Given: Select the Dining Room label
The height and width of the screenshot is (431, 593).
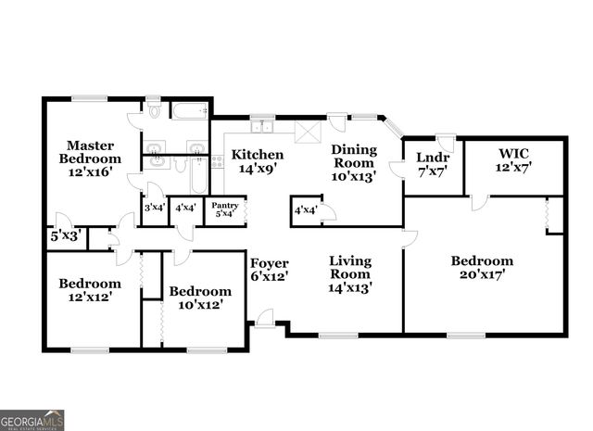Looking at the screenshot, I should click(x=355, y=162).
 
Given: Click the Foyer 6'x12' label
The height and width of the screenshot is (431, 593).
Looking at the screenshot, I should click(x=269, y=268).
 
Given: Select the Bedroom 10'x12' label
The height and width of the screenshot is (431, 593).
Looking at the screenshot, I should click(x=199, y=298).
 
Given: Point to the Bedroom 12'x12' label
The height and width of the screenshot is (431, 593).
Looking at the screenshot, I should click(x=90, y=290).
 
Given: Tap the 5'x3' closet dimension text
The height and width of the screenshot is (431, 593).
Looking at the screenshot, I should click(x=65, y=235).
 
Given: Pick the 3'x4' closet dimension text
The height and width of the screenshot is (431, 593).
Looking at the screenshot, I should click(x=154, y=209).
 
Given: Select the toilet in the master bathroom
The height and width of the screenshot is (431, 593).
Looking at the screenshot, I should click(x=154, y=111).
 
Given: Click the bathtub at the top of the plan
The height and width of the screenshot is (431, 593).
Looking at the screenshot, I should click(x=191, y=113).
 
